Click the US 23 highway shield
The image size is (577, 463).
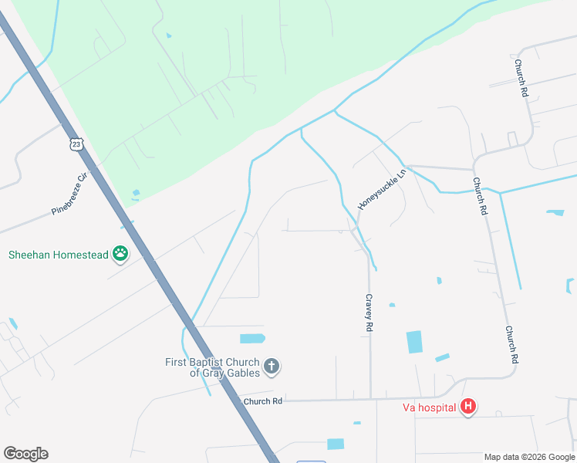[75, 144]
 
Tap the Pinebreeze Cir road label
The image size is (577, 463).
[70, 193]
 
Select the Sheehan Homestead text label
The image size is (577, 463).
[58, 254]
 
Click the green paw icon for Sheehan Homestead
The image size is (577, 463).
[120, 253]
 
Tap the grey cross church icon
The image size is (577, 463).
[271, 367]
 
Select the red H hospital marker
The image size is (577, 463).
[467, 407]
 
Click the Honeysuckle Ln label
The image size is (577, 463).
[381, 190]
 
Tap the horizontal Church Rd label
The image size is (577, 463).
[263, 401]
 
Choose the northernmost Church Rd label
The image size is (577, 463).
[522, 78]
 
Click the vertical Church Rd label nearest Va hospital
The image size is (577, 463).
[511, 344]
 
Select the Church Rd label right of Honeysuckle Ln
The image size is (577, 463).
[481, 196]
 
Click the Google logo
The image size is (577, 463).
[25, 454]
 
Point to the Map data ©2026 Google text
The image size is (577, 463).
[528, 457]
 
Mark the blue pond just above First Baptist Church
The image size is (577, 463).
[252, 338]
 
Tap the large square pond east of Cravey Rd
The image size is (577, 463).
[414, 342]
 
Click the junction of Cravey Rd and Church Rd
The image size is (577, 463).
[370, 399]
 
